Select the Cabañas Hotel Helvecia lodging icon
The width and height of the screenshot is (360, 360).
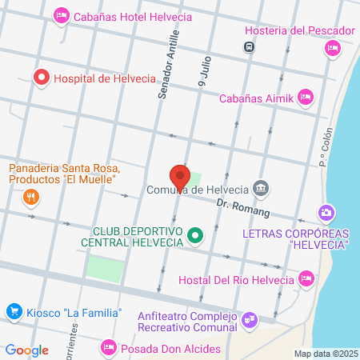point(61,15)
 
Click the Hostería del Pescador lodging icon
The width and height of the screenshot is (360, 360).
point(333,48)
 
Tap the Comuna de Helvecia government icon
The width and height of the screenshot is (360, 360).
point(260,190)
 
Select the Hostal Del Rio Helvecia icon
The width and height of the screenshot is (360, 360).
point(305,278)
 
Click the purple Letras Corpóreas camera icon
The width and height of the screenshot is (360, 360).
point(325,214)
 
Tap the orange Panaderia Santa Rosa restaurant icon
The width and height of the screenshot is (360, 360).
point(31,196)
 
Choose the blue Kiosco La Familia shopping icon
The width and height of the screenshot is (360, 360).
point(13,311)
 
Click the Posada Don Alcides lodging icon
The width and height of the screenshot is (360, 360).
point(108,347)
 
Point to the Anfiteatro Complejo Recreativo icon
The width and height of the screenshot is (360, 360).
point(250,319)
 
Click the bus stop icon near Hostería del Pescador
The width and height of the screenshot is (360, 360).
point(250,46)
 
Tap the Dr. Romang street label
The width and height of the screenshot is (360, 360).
point(244,209)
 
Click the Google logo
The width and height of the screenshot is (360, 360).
point(26,350)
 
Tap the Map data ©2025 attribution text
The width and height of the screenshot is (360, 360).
point(325,353)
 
